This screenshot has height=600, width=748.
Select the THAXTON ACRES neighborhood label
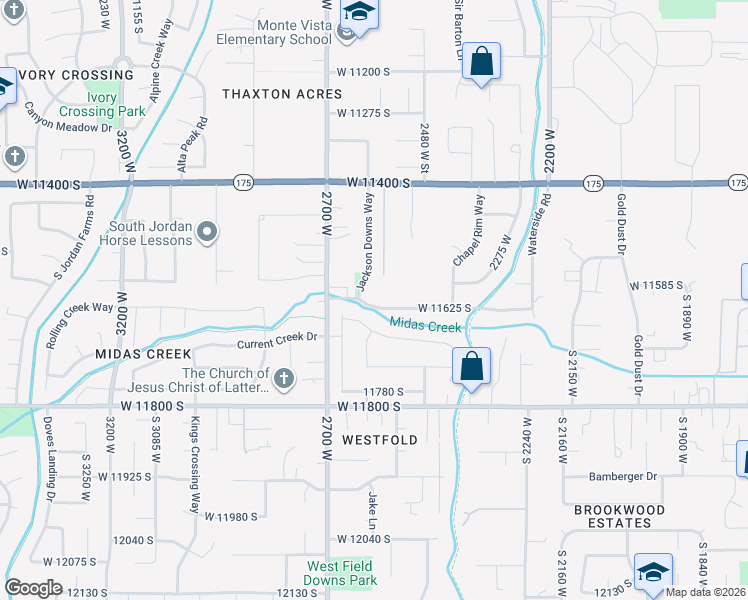[x=282, y=94]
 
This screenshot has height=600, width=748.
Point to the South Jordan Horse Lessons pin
[x=207, y=233]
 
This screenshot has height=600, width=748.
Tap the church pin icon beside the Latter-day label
[x=284, y=378]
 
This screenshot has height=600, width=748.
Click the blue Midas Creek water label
[x=425, y=324]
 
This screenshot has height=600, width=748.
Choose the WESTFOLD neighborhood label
[x=379, y=440]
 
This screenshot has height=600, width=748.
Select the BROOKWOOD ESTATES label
[x=620, y=517]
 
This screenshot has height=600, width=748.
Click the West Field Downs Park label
[x=341, y=573]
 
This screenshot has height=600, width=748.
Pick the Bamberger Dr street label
[x=622, y=477]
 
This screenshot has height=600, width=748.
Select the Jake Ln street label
[x=372, y=504]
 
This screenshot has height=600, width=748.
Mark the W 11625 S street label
[x=444, y=307]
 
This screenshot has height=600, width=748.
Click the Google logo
[x=34, y=588]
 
